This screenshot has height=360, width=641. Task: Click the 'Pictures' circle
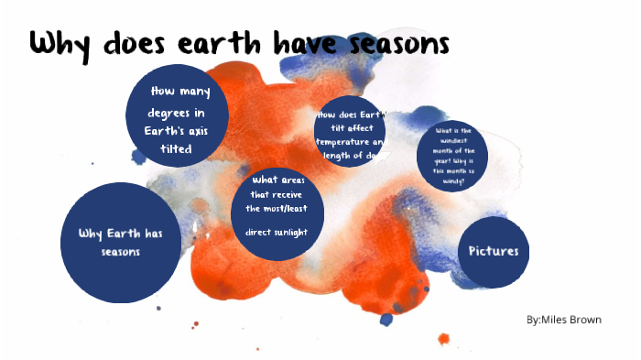click(493, 251)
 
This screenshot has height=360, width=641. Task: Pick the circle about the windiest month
click(451, 155)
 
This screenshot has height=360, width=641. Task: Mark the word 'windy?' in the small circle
click(451, 181)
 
